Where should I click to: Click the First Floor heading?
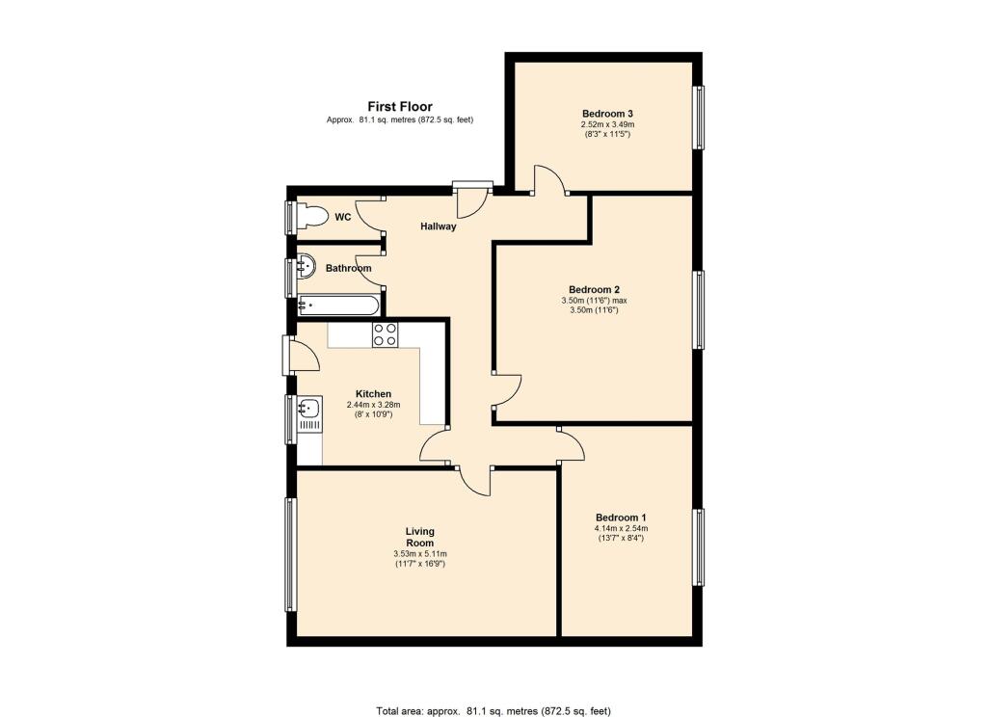(x=400, y=106)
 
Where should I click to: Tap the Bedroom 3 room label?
(x=607, y=114)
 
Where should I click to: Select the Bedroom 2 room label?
(x=594, y=289)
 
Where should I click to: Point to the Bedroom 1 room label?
(x=621, y=518)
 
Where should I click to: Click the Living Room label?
(x=420, y=537)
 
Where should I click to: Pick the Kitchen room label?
(x=373, y=394)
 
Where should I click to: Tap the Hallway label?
(x=439, y=226)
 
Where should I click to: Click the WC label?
(x=343, y=217)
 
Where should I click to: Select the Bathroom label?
(x=348, y=268)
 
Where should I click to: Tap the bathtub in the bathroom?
(x=338, y=305)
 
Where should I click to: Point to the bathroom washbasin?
(x=307, y=267)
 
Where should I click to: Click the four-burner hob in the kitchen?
(x=385, y=335)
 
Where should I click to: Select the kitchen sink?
(x=309, y=414)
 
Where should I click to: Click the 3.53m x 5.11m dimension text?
(x=420, y=554)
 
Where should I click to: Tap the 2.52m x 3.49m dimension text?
(x=607, y=124)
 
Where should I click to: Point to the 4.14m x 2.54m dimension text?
(x=621, y=529)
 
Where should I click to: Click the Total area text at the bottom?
(x=493, y=711)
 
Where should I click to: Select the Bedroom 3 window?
(x=698, y=117)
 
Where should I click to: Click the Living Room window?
(x=291, y=554)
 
